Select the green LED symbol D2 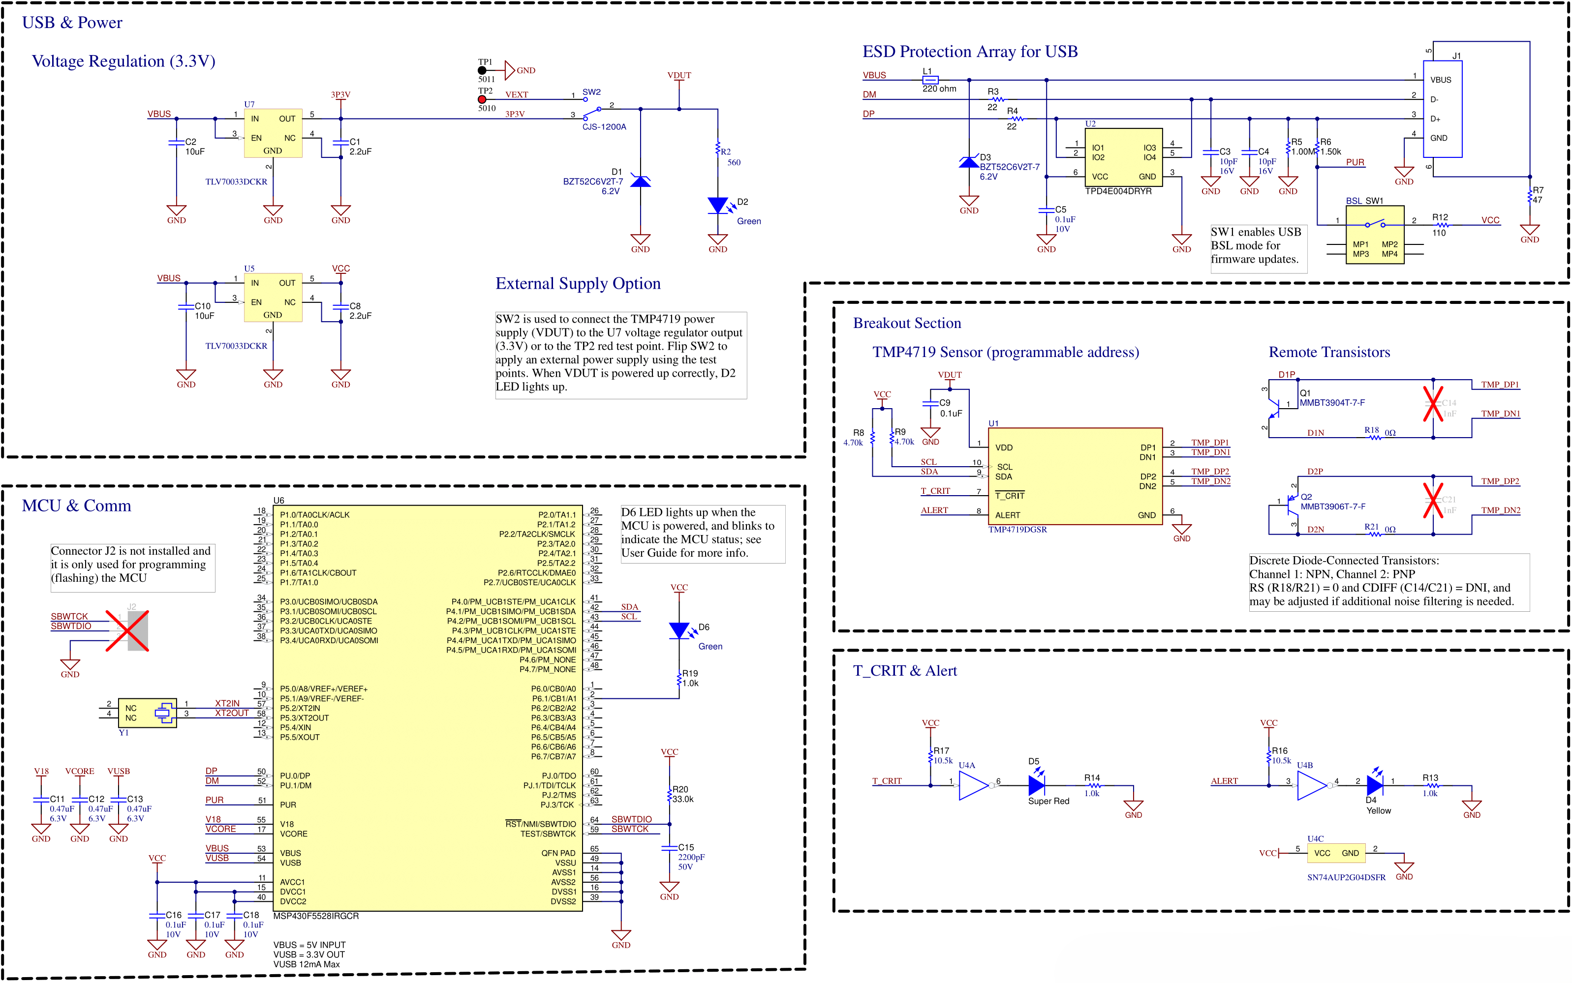[717, 206]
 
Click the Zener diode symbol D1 [641, 181]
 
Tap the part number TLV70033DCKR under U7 [236, 182]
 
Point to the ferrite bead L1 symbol [930, 80]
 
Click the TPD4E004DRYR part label [1118, 191]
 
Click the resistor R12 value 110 [1439, 233]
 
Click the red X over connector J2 [127, 630]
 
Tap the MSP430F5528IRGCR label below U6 [316, 916]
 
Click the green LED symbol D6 [679, 630]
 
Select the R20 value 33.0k [683, 799]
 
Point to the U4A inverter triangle [973, 785]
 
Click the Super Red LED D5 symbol [1036, 785]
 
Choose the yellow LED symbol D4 [1374, 785]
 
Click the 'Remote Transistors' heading [1329, 353]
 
